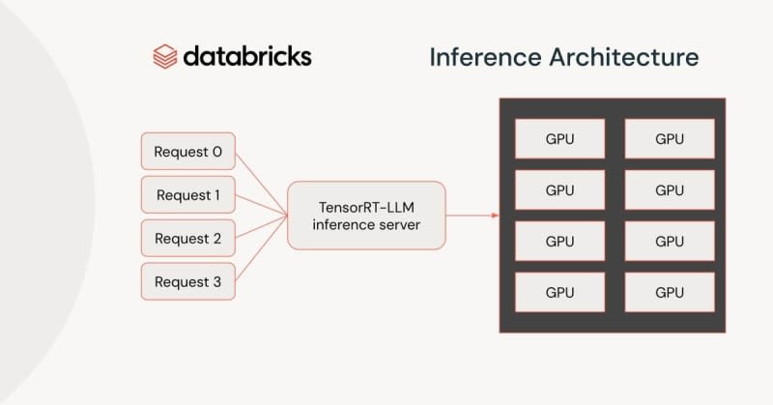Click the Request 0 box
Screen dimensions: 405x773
[188, 152]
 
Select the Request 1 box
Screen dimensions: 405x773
[188, 195]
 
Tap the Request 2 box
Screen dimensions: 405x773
[188, 239]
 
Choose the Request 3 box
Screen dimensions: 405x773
[188, 282]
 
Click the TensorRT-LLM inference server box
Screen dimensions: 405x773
[367, 216]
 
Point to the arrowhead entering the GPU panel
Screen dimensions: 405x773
[494, 216]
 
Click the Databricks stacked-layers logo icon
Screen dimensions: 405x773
[165, 56]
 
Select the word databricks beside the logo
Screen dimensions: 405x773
[248, 55]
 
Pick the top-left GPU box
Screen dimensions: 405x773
[559, 138]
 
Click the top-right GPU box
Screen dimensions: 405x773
[670, 138]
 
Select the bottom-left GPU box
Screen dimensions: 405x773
[559, 292]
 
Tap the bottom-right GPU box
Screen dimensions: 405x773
[670, 292]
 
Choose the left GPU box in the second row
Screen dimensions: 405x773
[559, 189]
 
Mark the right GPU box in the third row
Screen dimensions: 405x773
[670, 241]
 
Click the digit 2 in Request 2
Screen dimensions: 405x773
[216, 239]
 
